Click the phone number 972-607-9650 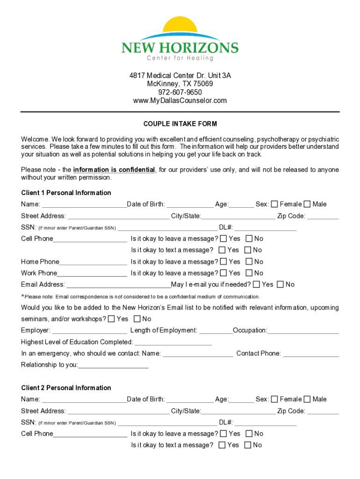(180, 92)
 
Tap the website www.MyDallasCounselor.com (180, 101)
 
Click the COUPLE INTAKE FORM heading (180, 124)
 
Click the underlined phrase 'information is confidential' (114, 170)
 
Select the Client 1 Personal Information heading (66, 193)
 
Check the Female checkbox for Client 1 (274, 204)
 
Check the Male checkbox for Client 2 (307, 399)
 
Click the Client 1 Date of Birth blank (189, 205)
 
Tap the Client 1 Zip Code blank (323, 217)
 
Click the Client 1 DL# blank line (265, 229)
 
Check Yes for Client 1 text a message (222, 250)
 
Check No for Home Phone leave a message (249, 262)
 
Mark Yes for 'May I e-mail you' (256, 284)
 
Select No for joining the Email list (137, 319)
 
